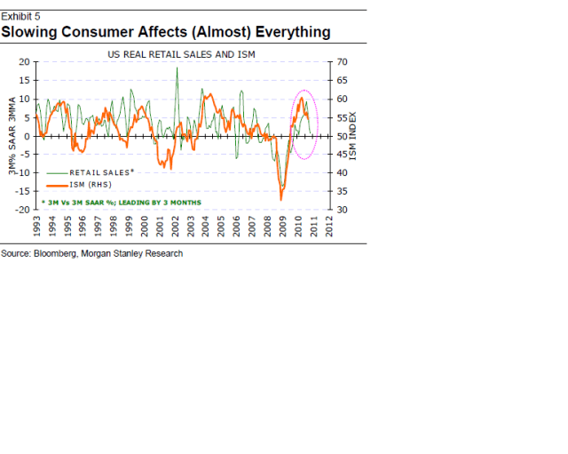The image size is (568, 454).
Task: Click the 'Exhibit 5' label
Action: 20,16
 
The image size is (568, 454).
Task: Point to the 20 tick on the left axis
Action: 23,62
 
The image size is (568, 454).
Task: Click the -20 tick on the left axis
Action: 21,210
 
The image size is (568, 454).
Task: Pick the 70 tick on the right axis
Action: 338,62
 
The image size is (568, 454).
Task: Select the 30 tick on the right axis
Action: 338,210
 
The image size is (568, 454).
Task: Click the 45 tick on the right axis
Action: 338,155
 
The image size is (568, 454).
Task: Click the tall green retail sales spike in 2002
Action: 177,69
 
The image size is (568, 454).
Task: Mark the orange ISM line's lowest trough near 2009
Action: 280,199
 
